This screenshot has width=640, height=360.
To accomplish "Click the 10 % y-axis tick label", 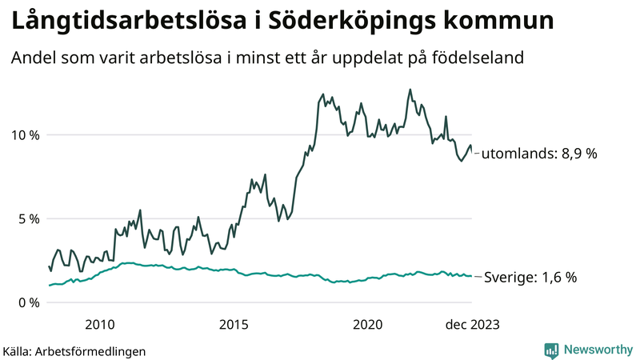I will click(23, 134).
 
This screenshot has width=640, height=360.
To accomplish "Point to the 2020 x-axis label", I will click(367, 324).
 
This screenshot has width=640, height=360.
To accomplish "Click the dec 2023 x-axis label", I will click(472, 324).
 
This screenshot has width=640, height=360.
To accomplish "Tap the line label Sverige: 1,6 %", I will click(531, 277).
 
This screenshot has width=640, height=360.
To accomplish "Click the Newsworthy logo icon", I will click(551, 350).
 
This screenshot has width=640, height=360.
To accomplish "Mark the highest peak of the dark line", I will click(410, 90).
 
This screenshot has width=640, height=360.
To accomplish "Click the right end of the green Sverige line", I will click(471, 276).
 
